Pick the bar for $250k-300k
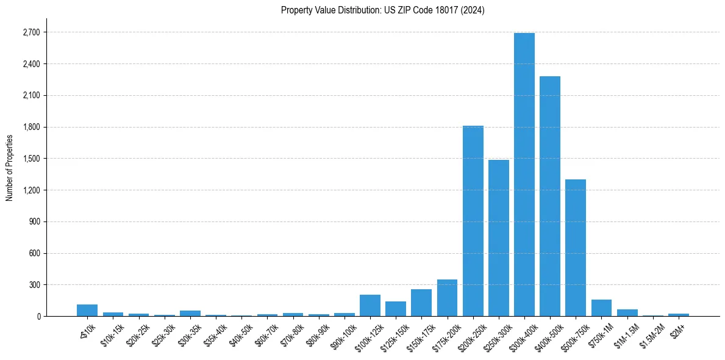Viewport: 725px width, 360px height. [x=499, y=238]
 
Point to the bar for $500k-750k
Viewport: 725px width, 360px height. [x=576, y=248]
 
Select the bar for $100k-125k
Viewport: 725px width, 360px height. [x=370, y=306]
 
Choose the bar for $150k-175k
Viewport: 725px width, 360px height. [x=421, y=303]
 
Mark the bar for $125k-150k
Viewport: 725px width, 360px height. [x=396, y=309]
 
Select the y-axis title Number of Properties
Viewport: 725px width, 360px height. [x=9, y=168]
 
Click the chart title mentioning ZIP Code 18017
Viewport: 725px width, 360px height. [x=383, y=10]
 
